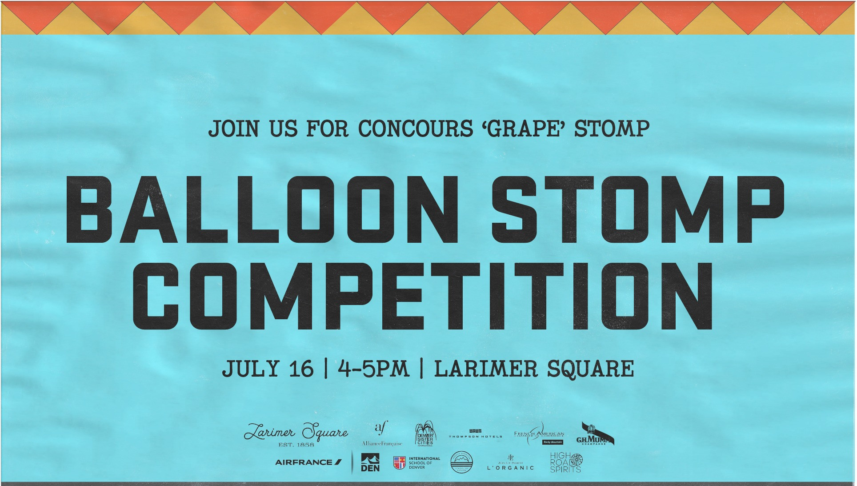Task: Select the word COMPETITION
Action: click(422, 296)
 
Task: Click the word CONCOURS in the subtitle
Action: click(416, 129)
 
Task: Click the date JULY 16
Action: click(268, 369)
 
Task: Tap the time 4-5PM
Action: click(373, 369)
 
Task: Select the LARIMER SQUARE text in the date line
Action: click(534, 369)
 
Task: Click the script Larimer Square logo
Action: click(296, 432)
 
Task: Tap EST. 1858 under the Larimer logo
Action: click(296, 445)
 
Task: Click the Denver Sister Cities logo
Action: click(425, 434)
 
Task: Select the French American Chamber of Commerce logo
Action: click(539, 434)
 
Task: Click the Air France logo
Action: click(308, 462)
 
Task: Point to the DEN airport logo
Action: click(370, 462)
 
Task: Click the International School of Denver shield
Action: click(400, 463)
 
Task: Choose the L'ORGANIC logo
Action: click(510, 464)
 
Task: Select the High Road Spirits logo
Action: click(566, 462)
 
